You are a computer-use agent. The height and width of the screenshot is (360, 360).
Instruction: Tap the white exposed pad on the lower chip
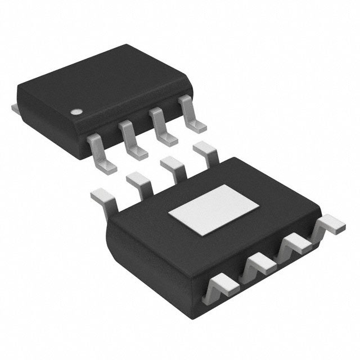[x=208, y=210]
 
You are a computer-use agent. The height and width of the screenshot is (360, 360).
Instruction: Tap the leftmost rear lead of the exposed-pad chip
[x=105, y=197]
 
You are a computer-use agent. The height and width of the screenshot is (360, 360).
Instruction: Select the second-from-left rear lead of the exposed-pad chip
[x=138, y=181]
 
